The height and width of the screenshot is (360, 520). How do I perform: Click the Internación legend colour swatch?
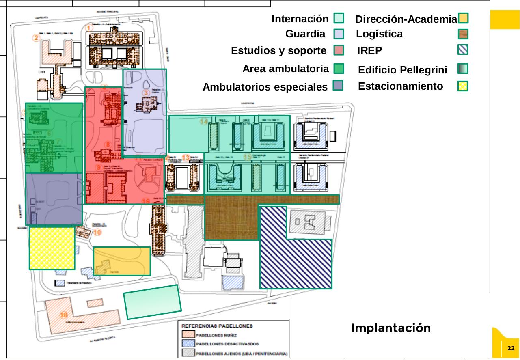point(339,18)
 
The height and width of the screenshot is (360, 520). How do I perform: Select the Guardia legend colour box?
point(339,34)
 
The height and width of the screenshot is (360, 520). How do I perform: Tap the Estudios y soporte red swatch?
point(339,50)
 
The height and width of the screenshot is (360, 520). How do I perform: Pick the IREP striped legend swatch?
point(463,50)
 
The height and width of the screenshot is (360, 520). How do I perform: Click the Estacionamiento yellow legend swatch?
point(463,86)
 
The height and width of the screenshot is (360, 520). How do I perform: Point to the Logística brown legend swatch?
point(463,34)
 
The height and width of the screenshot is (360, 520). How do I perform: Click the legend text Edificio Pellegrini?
point(402,70)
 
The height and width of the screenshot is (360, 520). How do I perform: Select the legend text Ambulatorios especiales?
point(265,87)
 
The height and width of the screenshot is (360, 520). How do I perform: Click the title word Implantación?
point(391,328)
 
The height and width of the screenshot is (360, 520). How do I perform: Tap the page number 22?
point(511,348)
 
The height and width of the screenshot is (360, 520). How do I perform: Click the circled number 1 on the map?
point(90,27)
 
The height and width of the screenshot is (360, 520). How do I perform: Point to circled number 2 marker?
point(37,38)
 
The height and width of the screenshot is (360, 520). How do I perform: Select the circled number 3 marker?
point(146,93)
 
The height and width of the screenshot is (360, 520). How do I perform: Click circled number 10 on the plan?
point(97,233)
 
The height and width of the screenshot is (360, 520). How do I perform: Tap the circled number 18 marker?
point(64,315)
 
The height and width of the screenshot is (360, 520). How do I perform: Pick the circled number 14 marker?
point(204,121)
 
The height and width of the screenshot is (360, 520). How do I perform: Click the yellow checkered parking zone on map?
point(52,248)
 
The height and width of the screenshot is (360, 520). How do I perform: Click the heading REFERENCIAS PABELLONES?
point(217,326)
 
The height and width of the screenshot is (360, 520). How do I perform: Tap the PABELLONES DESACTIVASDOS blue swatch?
point(188,344)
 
